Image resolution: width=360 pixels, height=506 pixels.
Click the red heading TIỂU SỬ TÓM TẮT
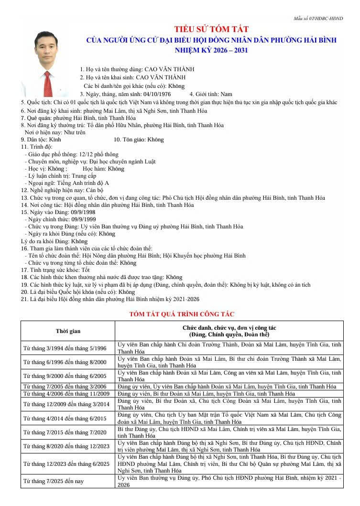211,30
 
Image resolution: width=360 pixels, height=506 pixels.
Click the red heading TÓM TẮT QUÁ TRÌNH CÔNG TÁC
182,314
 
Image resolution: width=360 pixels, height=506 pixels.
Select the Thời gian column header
68,331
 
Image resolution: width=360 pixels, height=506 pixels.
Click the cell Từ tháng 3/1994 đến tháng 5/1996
66,348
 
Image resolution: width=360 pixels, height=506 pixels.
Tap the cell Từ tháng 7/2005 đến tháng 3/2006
66,387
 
